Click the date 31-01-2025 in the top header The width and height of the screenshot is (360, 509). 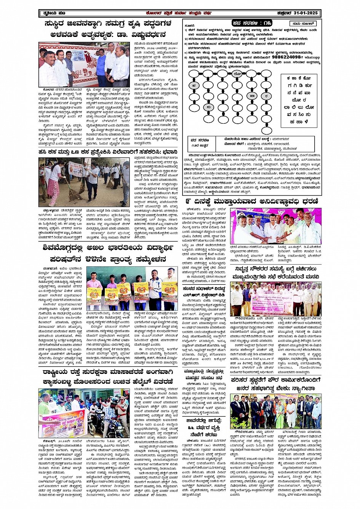tap(307, 14)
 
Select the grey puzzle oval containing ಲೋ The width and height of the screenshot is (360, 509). tap(237, 73)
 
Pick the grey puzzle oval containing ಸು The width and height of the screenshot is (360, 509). tap(208, 107)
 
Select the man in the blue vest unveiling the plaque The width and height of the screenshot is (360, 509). tap(101, 65)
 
